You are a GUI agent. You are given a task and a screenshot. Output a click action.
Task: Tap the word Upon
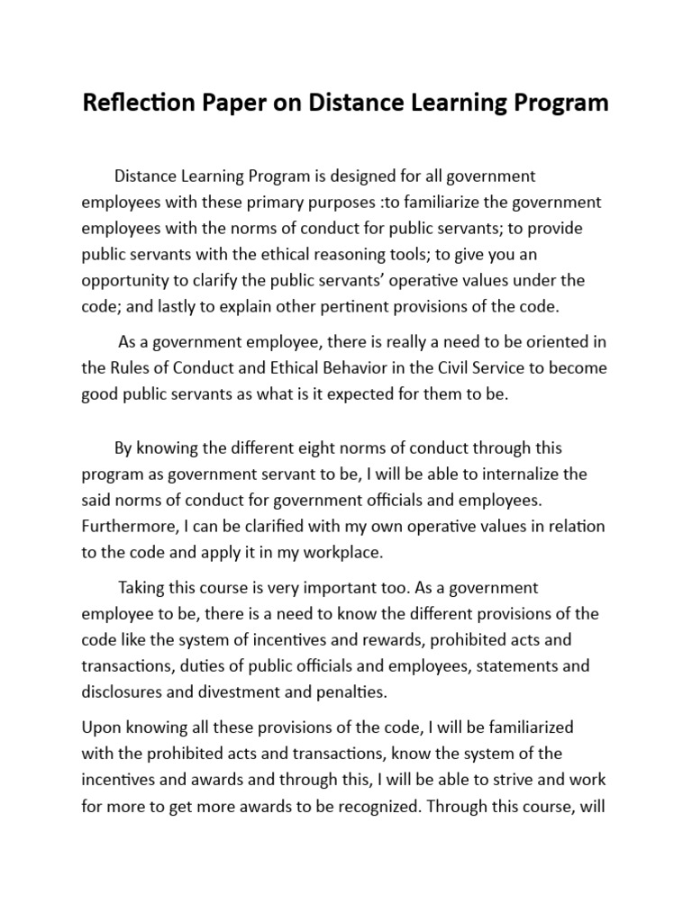click(x=100, y=727)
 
